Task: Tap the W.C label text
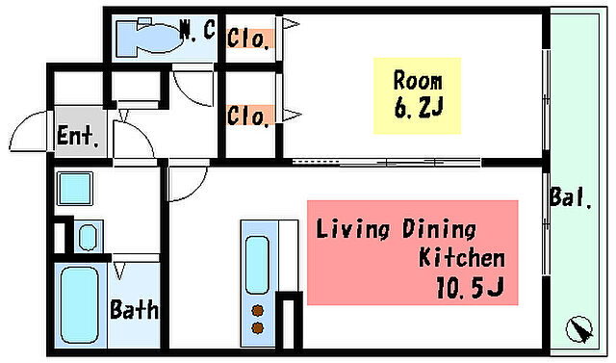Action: (x=197, y=30)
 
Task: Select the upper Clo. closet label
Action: (x=249, y=39)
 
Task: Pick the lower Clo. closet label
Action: (x=249, y=117)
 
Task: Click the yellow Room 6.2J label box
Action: (x=417, y=96)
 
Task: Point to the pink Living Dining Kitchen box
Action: (x=413, y=252)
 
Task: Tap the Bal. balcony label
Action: (x=571, y=197)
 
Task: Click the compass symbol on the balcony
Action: (x=579, y=329)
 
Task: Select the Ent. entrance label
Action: (x=77, y=136)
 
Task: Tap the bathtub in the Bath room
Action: (x=79, y=305)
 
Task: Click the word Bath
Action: (x=135, y=310)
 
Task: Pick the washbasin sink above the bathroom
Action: (x=88, y=237)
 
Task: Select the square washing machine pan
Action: (x=75, y=189)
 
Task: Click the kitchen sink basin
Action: (x=257, y=265)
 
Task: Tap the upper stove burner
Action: (x=258, y=311)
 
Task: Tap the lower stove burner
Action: (x=258, y=327)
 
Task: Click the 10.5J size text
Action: (x=470, y=288)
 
